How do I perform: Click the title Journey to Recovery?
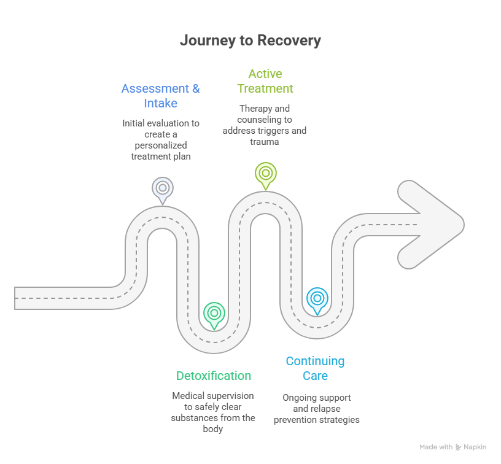pyautogui.click(x=250, y=41)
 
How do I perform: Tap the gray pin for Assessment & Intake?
pyautogui.click(x=162, y=188)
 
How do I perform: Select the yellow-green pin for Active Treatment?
pyautogui.click(x=265, y=172)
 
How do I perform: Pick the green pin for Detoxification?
pyautogui.click(x=214, y=313)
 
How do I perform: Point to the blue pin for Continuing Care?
pyautogui.click(x=317, y=299)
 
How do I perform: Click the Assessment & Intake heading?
pyautogui.click(x=160, y=96)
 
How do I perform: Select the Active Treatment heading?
pyautogui.click(x=265, y=81)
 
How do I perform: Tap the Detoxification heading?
pyautogui.click(x=214, y=376)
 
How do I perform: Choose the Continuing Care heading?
pyautogui.click(x=315, y=368)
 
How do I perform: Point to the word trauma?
pyautogui.click(x=265, y=142)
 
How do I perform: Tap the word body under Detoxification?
pyautogui.click(x=213, y=429)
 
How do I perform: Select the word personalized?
pyautogui.click(x=161, y=145)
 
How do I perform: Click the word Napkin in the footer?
pyautogui.click(x=475, y=447)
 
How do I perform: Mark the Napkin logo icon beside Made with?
pyautogui.click(x=458, y=447)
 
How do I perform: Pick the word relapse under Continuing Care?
pyautogui.click(x=324, y=409)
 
